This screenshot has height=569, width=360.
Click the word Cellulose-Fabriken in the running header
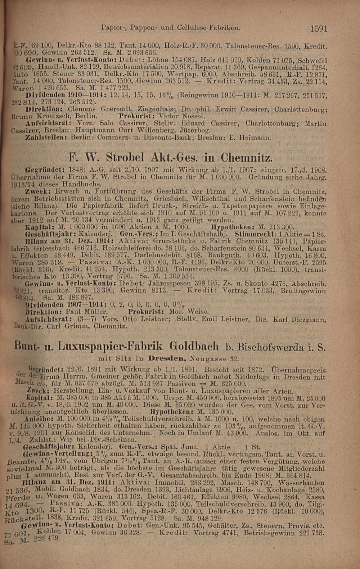click(x=214, y=27)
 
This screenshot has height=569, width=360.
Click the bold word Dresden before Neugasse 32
click(x=165, y=361)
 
